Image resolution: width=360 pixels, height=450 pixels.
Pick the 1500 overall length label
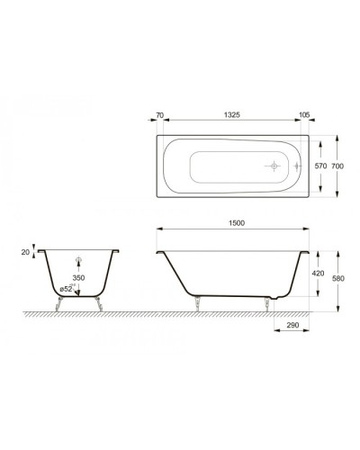[236, 221]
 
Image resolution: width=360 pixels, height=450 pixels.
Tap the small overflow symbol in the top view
[298, 166]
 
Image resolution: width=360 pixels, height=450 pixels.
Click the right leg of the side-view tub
[267, 305]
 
